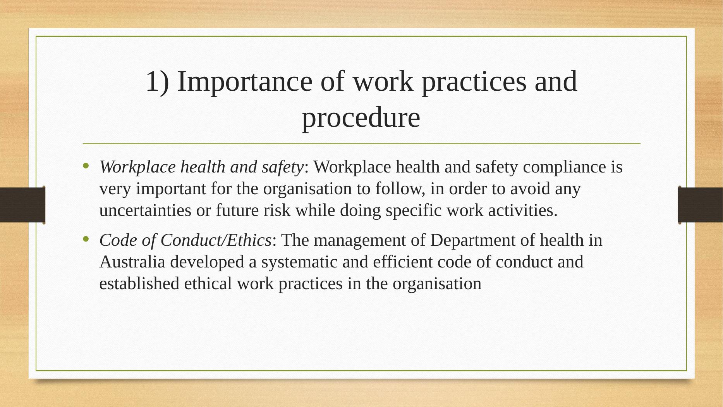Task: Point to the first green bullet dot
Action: pos(86,167)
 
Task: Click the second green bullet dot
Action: pos(86,240)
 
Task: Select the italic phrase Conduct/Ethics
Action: pos(215,240)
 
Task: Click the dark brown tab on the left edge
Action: pos(22,205)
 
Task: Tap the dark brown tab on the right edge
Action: pos(701,205)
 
